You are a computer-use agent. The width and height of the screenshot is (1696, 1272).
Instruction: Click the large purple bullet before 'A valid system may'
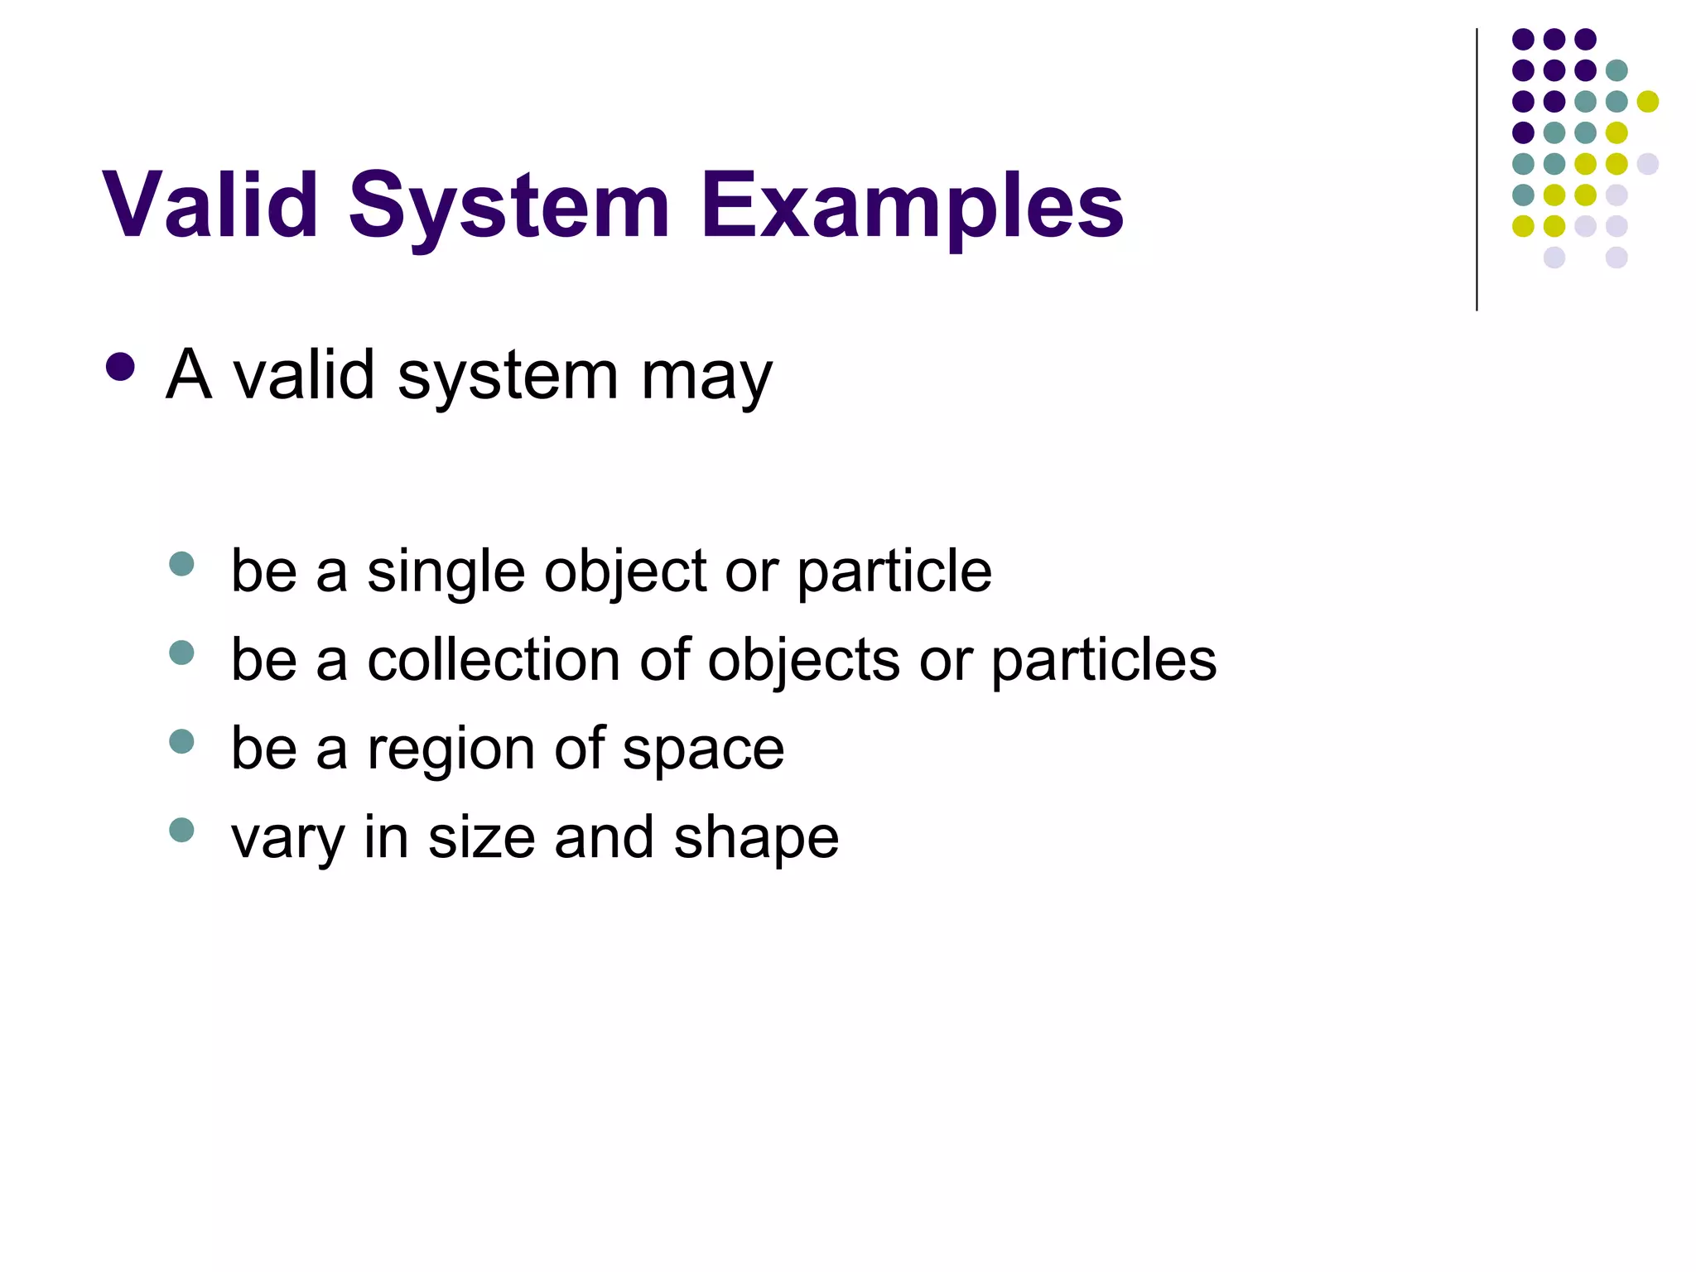coord(121,368)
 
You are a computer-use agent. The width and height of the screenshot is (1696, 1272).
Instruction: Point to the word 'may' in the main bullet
coord(706,377)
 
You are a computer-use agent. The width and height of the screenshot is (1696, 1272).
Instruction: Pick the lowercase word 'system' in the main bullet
coord(508,377)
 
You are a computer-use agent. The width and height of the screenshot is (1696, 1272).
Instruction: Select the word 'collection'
coord(494,660)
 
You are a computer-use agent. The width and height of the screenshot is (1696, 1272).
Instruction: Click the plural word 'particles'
coord(1104,660)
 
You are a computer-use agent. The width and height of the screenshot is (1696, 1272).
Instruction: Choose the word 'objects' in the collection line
coord(803,660)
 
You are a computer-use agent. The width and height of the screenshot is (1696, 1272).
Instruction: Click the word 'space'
coord(703,749)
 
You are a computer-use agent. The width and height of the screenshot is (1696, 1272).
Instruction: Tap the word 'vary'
coord(287,838)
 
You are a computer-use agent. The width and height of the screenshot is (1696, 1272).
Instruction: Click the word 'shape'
coord(756,838)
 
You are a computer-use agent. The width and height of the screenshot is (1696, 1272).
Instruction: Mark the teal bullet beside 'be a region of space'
coord(181,741)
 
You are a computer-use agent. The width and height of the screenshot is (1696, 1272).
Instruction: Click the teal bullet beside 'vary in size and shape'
coord(181,830)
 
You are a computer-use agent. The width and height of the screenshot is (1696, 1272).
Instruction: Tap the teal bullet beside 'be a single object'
coord(181,564)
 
